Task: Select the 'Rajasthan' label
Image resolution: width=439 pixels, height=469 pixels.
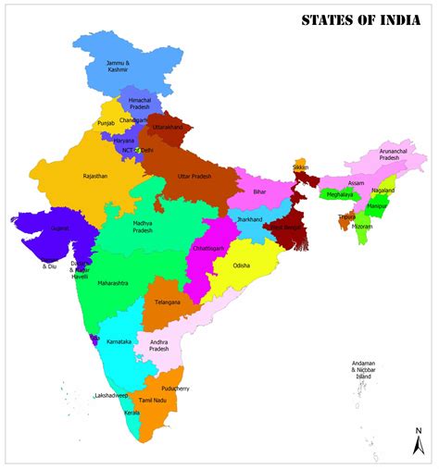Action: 94,175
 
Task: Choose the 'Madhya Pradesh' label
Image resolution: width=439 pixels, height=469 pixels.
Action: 143,227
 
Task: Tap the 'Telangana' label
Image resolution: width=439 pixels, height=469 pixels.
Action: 167,302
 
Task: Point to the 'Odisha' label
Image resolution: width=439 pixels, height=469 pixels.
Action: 241,265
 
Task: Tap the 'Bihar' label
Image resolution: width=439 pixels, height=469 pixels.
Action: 259,190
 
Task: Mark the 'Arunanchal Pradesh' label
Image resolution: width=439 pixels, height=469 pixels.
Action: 388,154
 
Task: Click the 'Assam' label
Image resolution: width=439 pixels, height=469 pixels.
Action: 357,182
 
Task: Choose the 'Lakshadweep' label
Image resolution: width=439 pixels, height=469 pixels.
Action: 111,395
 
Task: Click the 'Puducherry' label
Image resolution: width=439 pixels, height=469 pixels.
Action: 174,389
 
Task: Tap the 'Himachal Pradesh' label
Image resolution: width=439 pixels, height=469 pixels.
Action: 139,103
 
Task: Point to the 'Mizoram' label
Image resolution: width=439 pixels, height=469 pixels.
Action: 362,226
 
